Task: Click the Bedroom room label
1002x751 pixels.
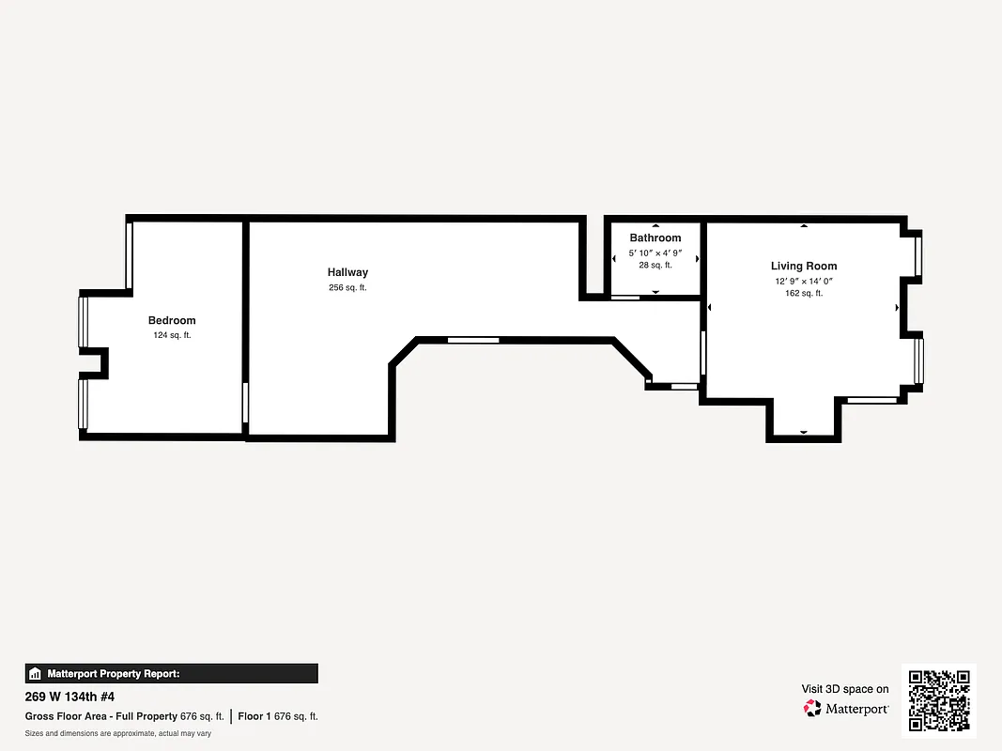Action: [x=172, y=321]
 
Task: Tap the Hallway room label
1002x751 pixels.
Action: [x=347, y=273]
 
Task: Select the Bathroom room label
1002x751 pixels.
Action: [x=655, y=238]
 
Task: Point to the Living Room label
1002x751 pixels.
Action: [x=804, y=267]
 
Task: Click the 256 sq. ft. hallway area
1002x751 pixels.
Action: [x=347, y=288]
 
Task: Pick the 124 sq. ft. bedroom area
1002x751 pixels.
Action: [x=172, y=335]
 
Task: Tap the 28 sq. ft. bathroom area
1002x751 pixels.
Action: [x=655, y=266]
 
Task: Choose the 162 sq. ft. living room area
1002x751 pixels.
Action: [x=804, y=294]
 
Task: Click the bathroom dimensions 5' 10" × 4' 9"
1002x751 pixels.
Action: [x=655, y=253]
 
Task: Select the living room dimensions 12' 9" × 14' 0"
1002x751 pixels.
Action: [x=804, y=281]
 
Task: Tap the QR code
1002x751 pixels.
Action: [x=939, y=700]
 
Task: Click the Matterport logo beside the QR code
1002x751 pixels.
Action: [x=846, y=709]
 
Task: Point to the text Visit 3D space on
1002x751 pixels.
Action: [x=845, y=689]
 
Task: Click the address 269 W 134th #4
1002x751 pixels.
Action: [x=69, y=697]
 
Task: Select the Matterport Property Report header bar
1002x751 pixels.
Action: [x=171, y=673]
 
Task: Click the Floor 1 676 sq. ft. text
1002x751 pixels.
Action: [x=278, y=716]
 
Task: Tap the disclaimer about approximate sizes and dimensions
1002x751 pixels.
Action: [x=117, y=733]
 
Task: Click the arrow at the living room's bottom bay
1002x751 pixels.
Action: [x=804, y=432]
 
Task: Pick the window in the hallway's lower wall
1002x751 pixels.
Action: [x=472, y=340]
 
